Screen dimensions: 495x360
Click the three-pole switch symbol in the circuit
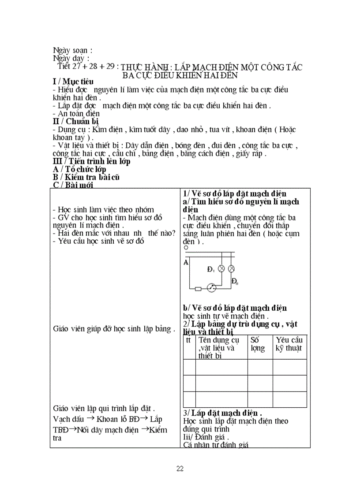(211, 288)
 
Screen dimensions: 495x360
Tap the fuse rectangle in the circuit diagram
(198, 289)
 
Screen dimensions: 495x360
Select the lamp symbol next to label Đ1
(222, 268)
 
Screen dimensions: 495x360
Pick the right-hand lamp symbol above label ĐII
(231, 268)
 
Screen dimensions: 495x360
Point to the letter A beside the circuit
(186, 262)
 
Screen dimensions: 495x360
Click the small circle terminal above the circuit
(186, 248)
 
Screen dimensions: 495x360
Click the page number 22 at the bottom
(180, 469)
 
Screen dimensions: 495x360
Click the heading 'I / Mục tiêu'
(73, 82)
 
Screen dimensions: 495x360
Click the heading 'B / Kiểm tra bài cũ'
(86, 177)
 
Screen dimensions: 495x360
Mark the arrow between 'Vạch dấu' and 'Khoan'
(90, 418)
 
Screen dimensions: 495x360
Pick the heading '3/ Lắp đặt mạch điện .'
(222, 413)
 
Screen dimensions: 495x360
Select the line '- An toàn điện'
(76, 114)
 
